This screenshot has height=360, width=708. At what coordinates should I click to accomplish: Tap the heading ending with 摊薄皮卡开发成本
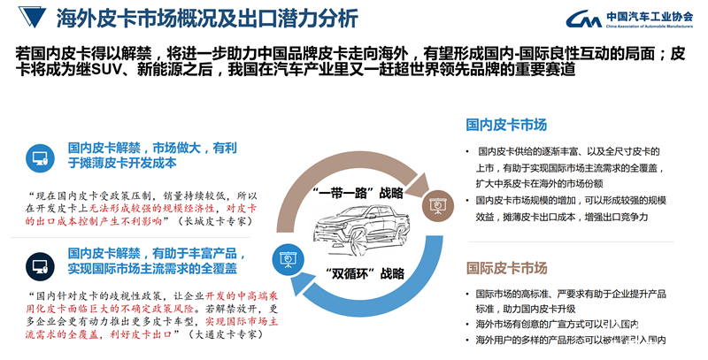(x=122, y=163)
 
